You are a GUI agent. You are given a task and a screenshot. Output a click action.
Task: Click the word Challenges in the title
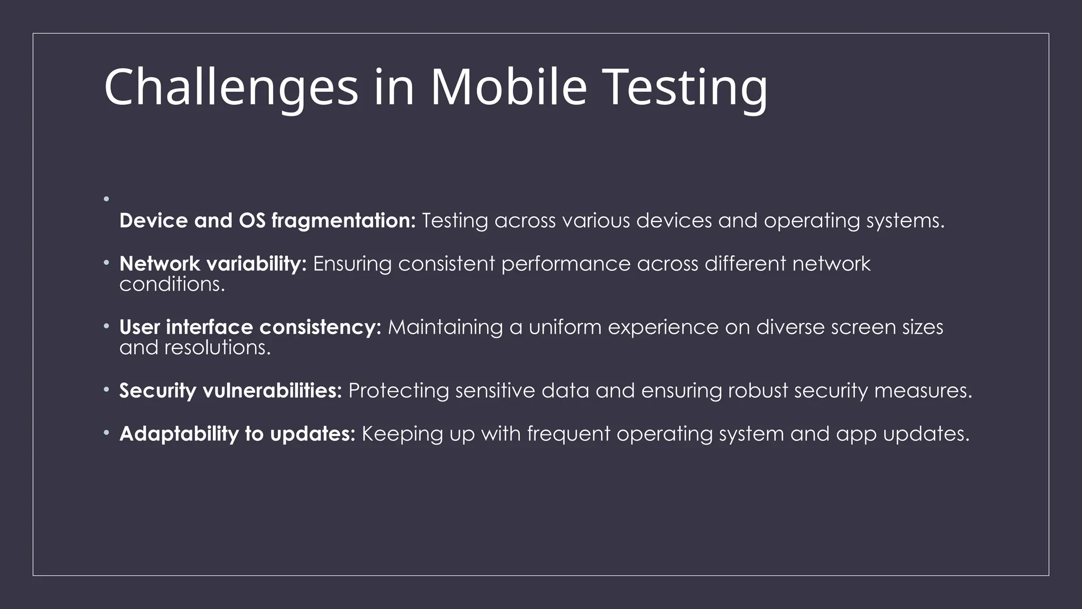point(231,87)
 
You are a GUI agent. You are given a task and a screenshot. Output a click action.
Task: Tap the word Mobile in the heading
point(508,87)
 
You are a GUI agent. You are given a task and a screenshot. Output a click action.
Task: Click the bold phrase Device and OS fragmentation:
point(267,221)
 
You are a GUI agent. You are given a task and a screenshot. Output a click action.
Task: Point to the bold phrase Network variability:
point(213,264)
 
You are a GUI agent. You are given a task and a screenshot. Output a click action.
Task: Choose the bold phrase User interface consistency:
point(250,327)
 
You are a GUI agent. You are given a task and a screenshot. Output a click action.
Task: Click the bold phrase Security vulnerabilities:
point(230,391)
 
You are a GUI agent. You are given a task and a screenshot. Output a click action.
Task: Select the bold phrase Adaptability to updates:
point(237,434)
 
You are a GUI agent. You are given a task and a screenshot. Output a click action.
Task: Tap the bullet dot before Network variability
point(106,262)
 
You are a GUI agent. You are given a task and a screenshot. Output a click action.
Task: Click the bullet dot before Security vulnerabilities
point(106,390)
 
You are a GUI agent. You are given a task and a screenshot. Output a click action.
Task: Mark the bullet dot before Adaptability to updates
point(106,433)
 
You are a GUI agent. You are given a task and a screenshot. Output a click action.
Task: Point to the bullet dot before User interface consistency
point(106,326)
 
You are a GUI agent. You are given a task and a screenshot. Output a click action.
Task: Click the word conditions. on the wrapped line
point(172,285)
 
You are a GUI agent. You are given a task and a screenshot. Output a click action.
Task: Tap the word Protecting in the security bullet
point(398,391)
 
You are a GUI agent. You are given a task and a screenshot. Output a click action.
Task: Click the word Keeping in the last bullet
point(402,434)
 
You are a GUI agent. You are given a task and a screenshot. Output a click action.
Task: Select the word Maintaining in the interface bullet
point(445,327)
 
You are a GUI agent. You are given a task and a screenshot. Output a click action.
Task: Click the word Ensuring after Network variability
point(352,264)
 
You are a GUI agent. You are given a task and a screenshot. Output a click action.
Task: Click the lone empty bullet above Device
point(106,199)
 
